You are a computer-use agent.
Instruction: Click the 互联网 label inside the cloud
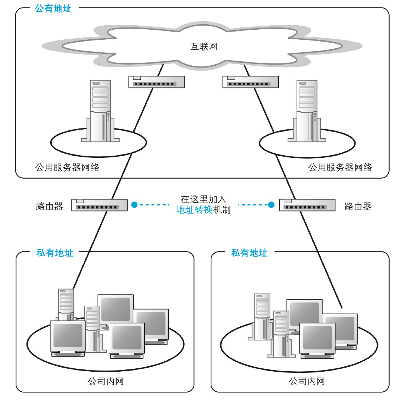tap(204, 47)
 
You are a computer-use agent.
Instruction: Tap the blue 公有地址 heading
tap(53, 9)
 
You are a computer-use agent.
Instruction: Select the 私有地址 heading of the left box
tap(55, 253)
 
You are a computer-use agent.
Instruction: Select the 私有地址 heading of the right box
tap(249, 253)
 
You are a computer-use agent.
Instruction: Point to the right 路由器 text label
tap(358, 206)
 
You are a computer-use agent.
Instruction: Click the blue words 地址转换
tap(194, 210)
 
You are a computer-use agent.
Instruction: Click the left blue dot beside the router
tap(134, 204)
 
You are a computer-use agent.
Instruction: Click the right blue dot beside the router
tap(272, 204)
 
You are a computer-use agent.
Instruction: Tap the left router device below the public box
tap(99, 205)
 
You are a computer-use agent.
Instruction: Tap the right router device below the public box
tap(307, 205)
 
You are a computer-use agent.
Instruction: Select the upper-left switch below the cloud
tap(156, 82)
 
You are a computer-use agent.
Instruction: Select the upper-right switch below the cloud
tap(250, 82)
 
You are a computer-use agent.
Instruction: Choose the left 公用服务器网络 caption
tap(67, 167)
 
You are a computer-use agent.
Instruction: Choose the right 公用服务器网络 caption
tap(340, 167)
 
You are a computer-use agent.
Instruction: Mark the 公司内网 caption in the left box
tap(106, 381)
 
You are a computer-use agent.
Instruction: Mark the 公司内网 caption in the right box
tap(307, 381)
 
